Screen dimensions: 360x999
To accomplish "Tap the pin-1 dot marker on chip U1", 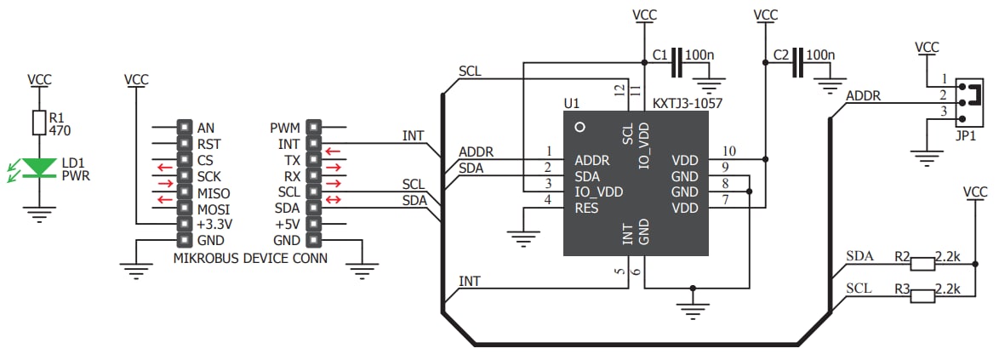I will tap(580, 127).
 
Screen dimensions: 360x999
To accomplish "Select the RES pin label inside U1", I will tap(587, 208).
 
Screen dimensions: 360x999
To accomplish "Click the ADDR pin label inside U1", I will tap(591, 159).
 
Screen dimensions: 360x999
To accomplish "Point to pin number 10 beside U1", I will tap(728, 151).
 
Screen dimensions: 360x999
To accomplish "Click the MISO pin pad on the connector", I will tap(183, 192).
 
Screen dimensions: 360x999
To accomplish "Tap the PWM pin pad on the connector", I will tap(313, 128).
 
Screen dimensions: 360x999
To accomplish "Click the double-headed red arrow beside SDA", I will tap(334, 209).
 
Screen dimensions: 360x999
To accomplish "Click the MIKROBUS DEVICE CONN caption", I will tap(249, 259).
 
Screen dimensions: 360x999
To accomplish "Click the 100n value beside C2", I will tap(820, 55).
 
